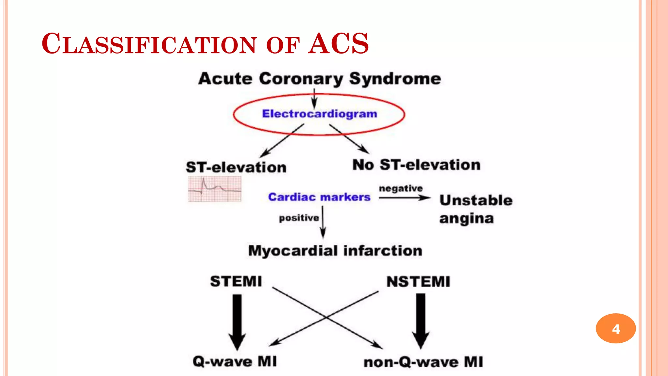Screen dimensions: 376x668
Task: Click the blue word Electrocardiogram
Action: [319, 114]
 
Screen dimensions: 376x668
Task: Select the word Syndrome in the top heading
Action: [395, 79]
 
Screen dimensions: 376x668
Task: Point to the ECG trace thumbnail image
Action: [215, 189]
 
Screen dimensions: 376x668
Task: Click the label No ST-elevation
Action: [417, 165]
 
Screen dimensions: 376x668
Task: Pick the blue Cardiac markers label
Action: [319, 197]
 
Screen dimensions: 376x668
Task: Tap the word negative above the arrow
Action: [401, 188]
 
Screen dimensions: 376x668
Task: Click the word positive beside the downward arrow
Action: [299, 218]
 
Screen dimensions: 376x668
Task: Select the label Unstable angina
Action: [475, 209]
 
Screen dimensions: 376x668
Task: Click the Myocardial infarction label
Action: [335, 251]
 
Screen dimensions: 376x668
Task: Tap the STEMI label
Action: [236, 281]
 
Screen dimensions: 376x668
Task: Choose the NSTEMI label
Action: [418, 282]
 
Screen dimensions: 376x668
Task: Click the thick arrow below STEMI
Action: [237, 321]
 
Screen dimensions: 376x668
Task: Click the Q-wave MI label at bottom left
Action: [235, 361]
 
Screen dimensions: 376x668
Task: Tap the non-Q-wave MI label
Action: [423, 362]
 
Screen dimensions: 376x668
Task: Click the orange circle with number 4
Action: [615, 328]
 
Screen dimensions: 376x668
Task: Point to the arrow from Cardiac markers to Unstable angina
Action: [404, 198]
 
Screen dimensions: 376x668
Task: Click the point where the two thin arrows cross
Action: [326, 317]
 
